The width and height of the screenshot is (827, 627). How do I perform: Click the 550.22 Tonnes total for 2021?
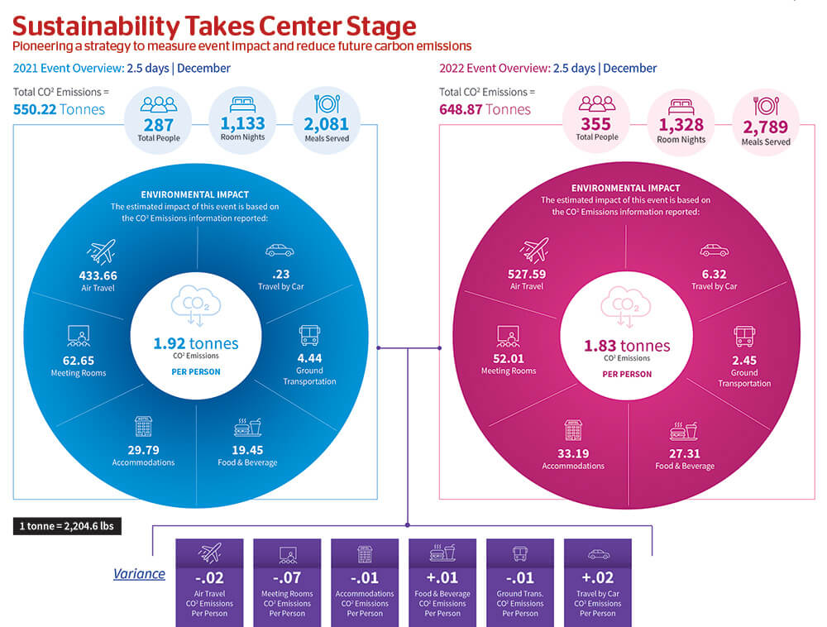(60, 109)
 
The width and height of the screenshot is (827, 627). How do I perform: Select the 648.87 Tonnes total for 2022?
(485, 109)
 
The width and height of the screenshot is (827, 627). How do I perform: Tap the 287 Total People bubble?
(158, 122)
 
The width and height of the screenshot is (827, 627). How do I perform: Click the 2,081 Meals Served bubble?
(327, 122)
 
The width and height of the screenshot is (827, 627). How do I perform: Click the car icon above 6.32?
(714, 250)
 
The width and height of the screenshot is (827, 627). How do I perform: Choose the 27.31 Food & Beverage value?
(684, 453)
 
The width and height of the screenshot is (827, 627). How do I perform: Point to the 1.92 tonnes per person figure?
(196, 343)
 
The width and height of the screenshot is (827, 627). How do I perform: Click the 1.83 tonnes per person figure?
(626, 346)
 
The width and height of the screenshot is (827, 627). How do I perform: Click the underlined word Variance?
(139, 574)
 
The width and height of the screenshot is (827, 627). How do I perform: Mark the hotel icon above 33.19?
(573, 430)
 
